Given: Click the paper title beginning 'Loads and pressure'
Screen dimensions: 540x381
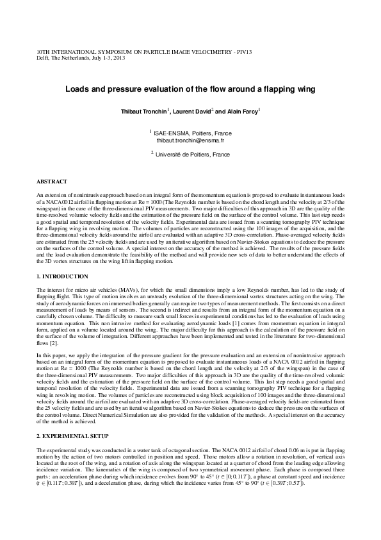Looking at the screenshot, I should point(190,90).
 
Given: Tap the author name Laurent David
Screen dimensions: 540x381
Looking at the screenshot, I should point(191,112).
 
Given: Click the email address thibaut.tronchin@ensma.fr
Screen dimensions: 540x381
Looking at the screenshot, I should point(190,139).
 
